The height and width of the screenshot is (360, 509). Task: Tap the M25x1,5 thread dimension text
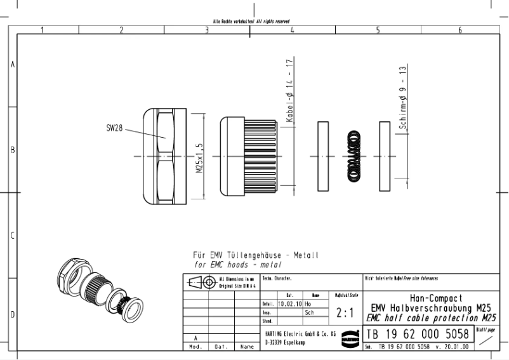[x=199, y=156]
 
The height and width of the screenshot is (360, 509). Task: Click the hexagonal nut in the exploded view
[x=162, y=156]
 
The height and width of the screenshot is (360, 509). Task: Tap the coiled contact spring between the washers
[x=352, y=156]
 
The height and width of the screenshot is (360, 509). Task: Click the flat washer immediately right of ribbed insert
[x=322, y=156]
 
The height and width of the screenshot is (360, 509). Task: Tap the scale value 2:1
[x=345, y=314]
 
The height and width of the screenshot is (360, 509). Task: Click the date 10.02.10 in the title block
[x=289, y=304]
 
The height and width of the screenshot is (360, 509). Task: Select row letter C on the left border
[x=12, y=236]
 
